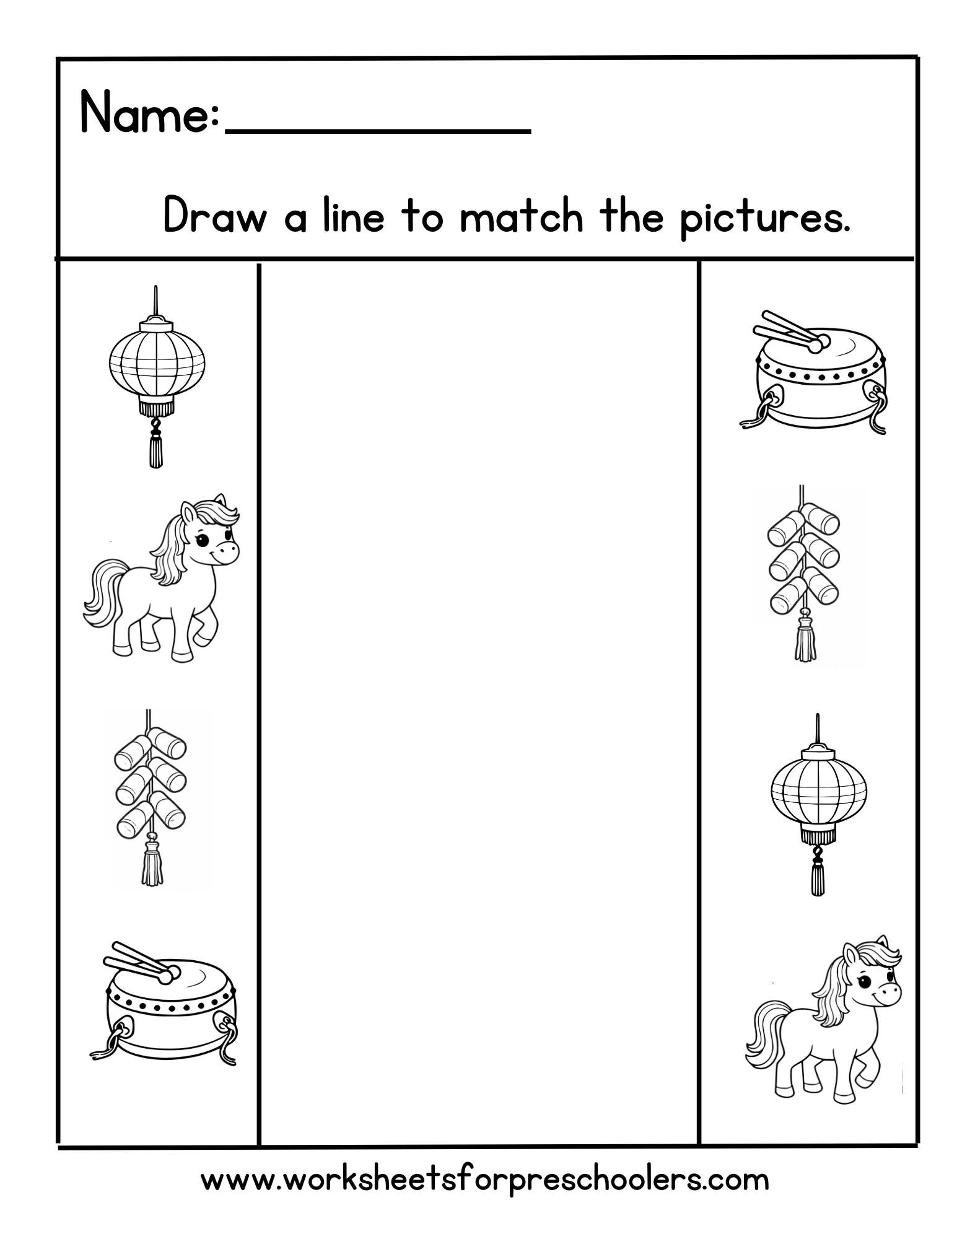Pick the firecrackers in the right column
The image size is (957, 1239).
click(803, 558)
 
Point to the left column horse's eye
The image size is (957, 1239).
click(203, 540)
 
